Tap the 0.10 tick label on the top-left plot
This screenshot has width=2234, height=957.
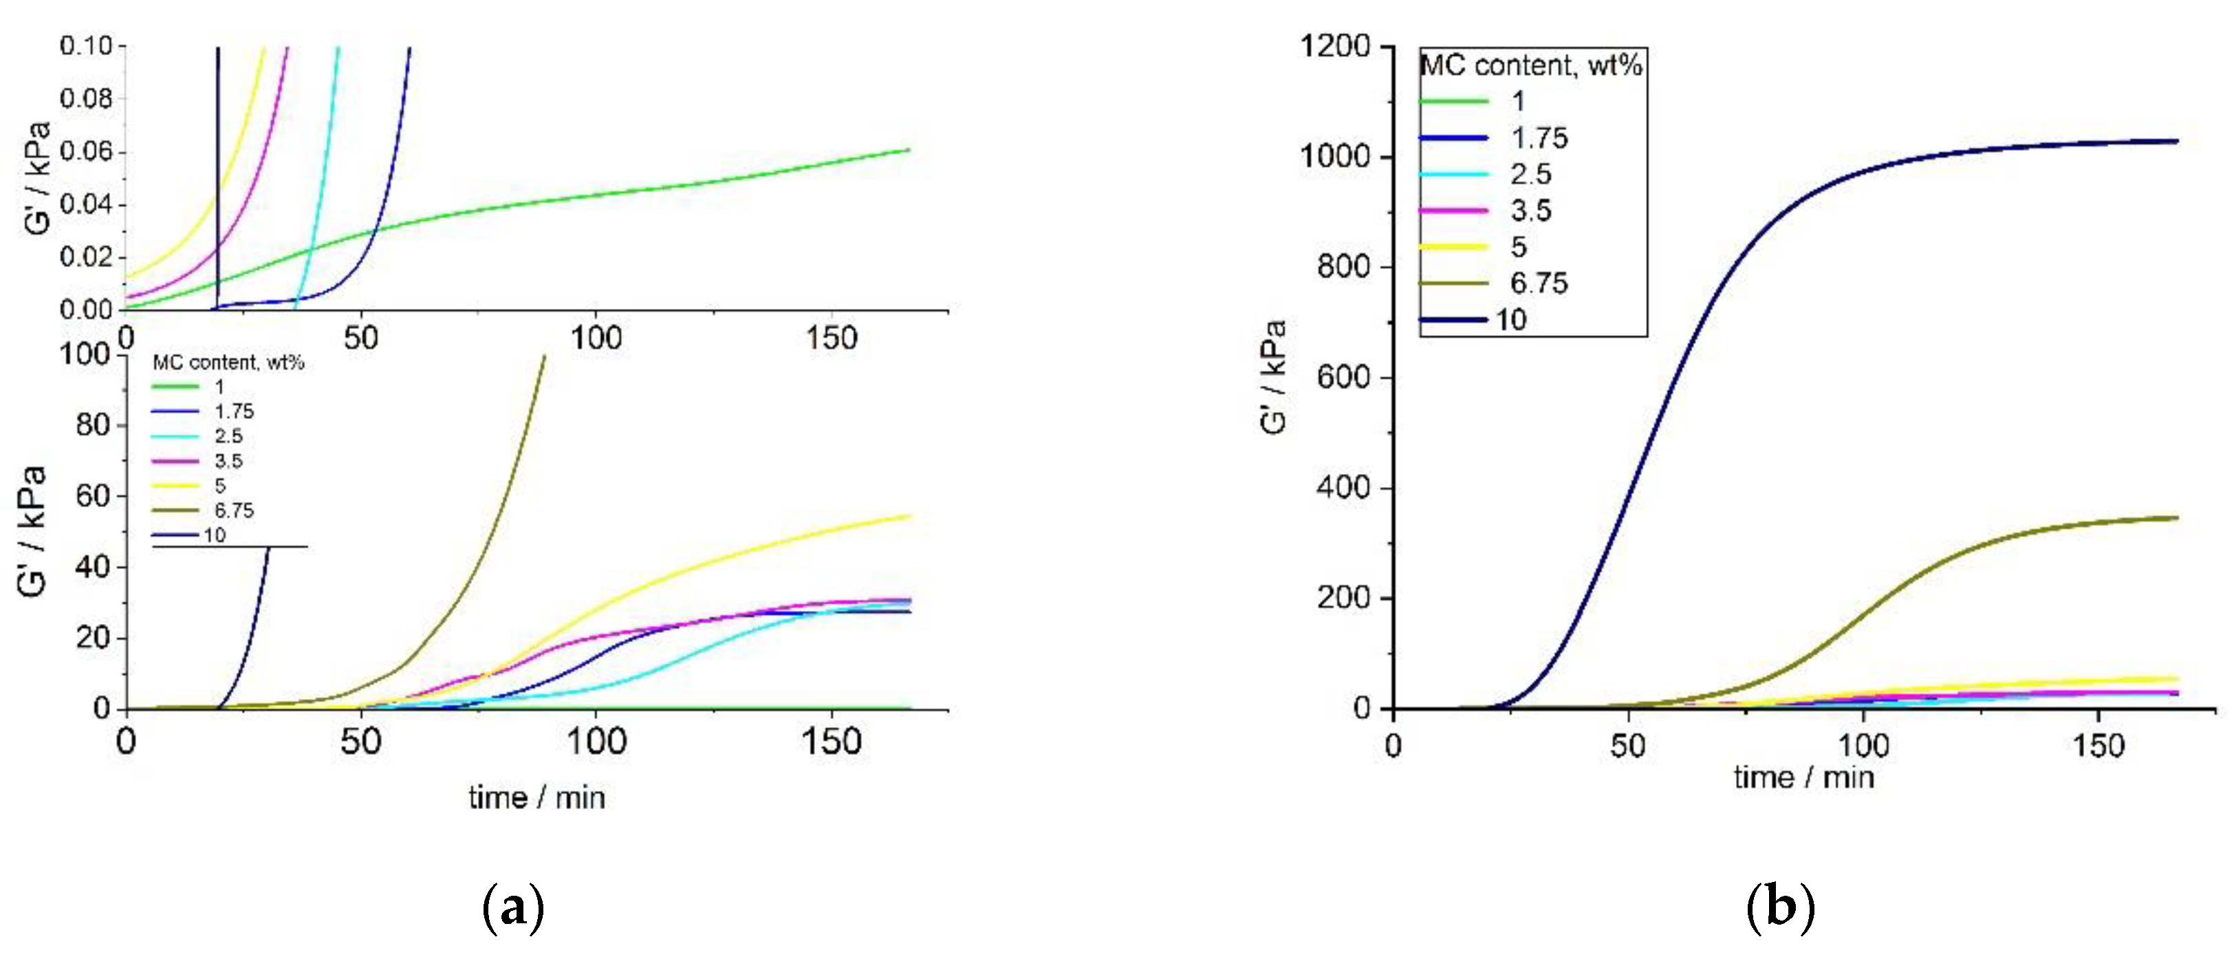(x=86, y=45)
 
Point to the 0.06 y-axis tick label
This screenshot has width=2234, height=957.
(x=86, y=152)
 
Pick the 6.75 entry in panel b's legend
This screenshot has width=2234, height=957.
(x=1539, y=283)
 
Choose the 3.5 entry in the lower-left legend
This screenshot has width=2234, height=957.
(x=228, y=461)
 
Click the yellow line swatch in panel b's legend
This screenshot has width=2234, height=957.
(x=1453, y=246)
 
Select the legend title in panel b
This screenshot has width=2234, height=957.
(x=1530, y=65)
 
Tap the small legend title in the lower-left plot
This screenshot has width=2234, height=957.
(x=228, y=363)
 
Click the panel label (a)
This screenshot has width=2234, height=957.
(x=512, y=907)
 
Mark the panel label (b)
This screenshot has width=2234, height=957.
(x=1779, y=907)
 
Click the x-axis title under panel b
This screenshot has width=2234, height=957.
(x=1804, y=777)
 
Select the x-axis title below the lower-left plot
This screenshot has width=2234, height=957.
(x=536, y=797)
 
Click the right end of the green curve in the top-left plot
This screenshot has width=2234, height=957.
(x=909, y=149)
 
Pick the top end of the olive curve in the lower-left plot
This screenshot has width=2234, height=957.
(x=544, y=355)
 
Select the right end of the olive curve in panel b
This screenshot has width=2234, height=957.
(x=2177, y=518)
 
